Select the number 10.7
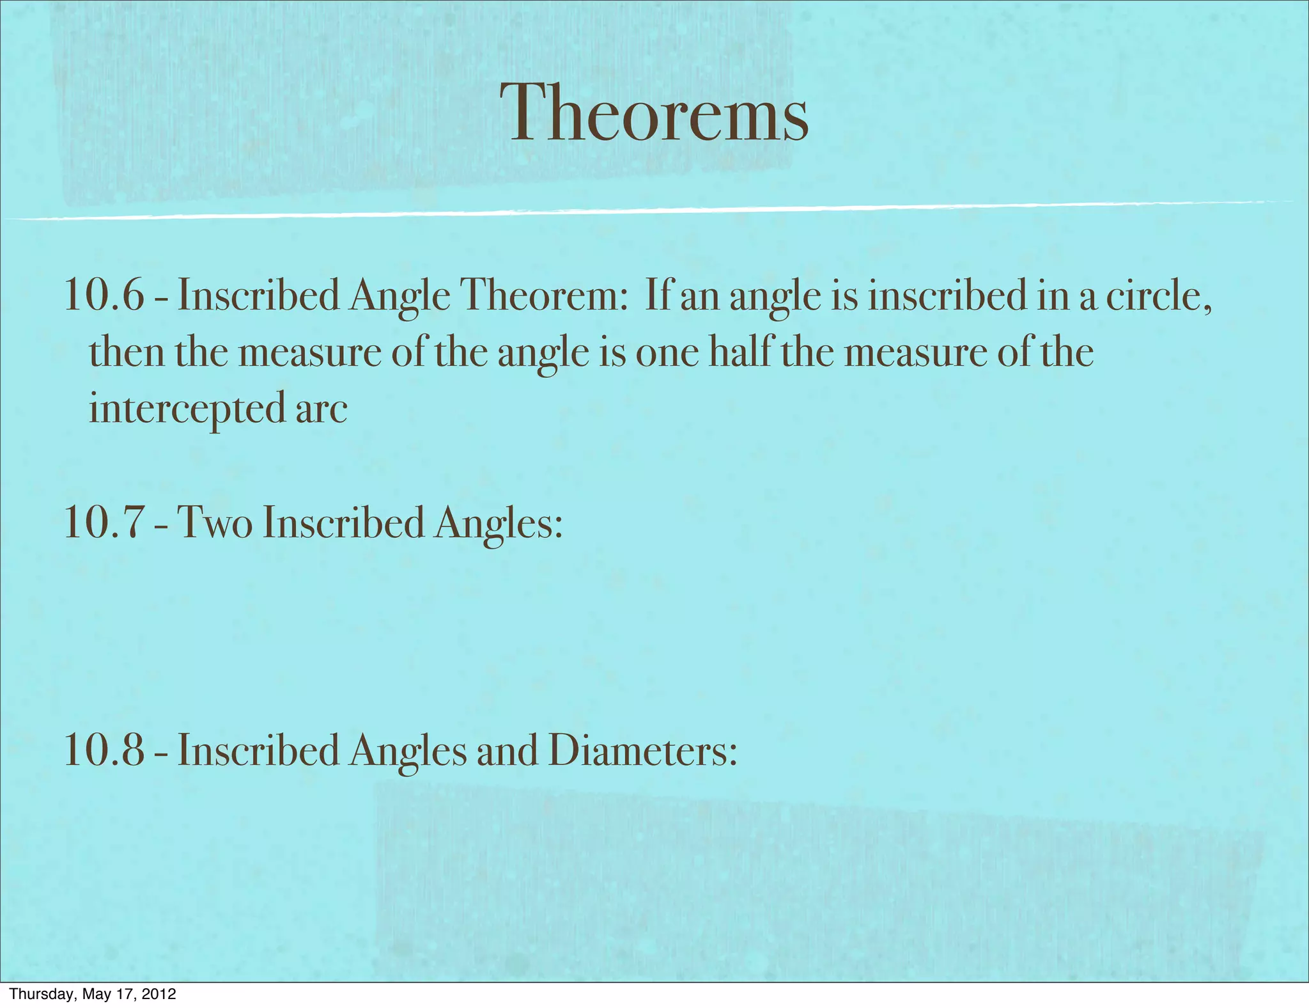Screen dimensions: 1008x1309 coord(104,523)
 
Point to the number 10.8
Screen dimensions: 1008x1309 coord(104,750)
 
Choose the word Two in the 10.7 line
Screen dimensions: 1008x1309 coord(215,523)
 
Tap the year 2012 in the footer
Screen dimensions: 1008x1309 coord(158,994)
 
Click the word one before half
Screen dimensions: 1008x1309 coord(667,353)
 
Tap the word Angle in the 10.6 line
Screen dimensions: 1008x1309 coord(399,297)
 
